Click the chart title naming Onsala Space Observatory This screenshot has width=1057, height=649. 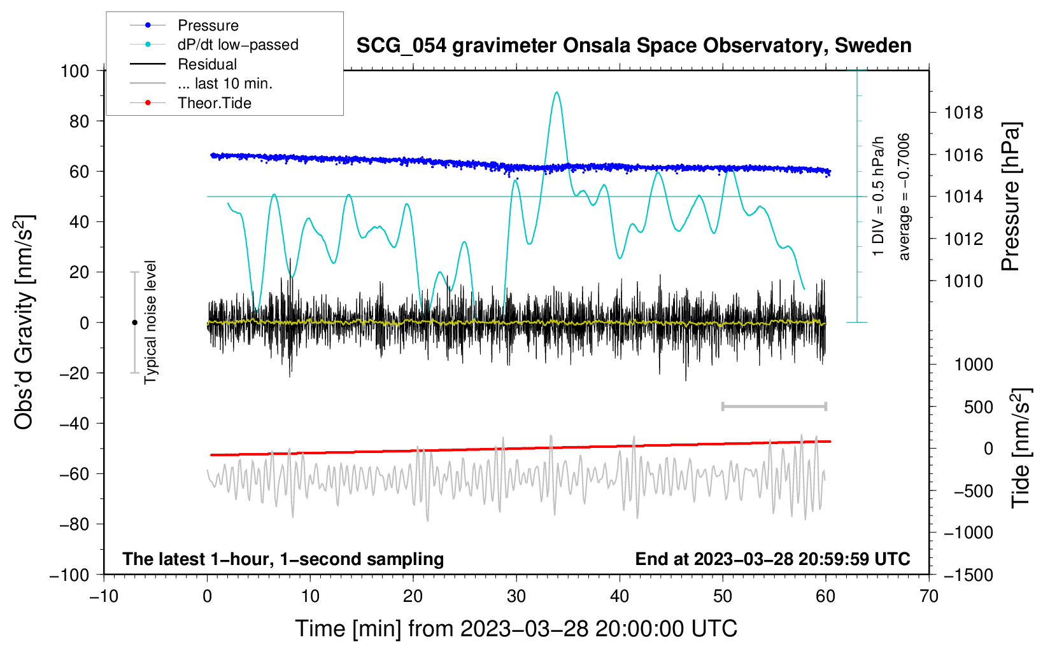[x=634, y=46]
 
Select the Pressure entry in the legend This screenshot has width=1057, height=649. [x=208, y=25]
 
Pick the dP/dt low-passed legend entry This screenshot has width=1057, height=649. [x=238, y=45]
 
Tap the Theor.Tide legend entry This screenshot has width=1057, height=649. [x=214, y=103]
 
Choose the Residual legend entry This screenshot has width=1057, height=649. [x=207, y=64]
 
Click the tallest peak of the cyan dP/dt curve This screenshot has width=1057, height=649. [x=557, y=92]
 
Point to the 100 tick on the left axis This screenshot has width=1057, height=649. [x=74, y=71]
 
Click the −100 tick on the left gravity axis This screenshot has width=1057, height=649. [x=69, y=575]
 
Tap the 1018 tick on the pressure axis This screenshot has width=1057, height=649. [x=963, y=113]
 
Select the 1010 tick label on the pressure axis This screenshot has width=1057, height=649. [x=963, y=281]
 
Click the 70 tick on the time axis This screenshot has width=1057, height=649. [x=929, y=596]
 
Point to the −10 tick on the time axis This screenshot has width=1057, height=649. [x=104, y=596]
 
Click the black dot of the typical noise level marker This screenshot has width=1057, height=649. [x=134, y=323]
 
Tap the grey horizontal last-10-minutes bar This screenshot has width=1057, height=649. [x=774, y=406]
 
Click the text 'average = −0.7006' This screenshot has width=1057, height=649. [x=904, y=197]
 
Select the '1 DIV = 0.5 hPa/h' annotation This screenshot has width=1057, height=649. [x=879, y=196]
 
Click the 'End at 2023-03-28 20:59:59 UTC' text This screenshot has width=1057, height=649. [x=772, y=559]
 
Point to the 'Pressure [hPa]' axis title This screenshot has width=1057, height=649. [x=1011, y=197]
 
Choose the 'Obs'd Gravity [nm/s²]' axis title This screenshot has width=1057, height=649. [x=24, y=322]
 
